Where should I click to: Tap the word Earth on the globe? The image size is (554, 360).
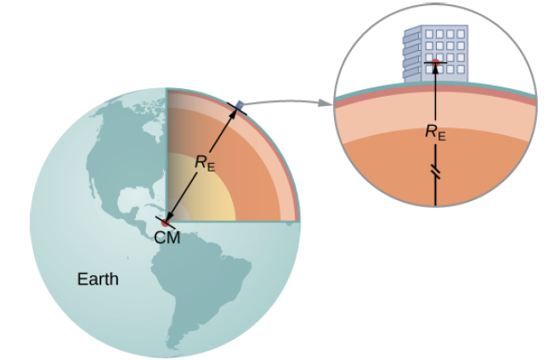[x=98, y=279]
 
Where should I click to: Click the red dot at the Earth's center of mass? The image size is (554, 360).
[x=167, y=222]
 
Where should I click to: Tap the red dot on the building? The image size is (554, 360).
[x=436, y=62]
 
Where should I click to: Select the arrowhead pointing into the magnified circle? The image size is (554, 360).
[x=325, y=104]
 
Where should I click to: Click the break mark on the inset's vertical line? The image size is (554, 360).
[x=436, y=173]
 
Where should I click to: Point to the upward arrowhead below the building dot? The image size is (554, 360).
[x=436, y=70]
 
